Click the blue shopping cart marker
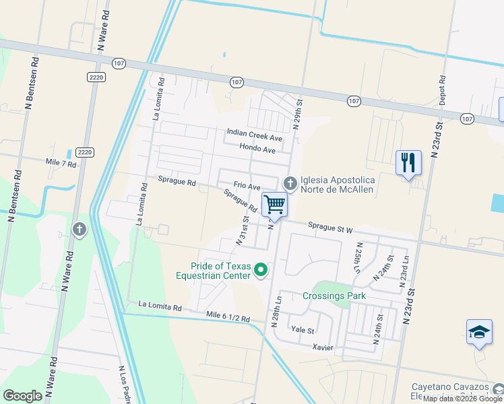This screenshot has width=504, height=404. click(274, 204)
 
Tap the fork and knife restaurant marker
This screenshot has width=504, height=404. click(408, 164)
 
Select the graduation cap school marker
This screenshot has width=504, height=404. click(478, 333)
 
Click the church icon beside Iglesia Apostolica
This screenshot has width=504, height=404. click(290, 183)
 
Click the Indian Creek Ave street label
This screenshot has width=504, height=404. click(255, 133)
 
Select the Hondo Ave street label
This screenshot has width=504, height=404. click(257, 149)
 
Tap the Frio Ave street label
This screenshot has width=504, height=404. click(247, 186)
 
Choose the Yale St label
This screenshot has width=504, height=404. click(303, 331)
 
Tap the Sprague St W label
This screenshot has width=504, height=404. click(330, 228)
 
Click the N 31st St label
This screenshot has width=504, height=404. click(242, 230)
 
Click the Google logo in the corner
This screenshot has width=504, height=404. click(22, 395)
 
